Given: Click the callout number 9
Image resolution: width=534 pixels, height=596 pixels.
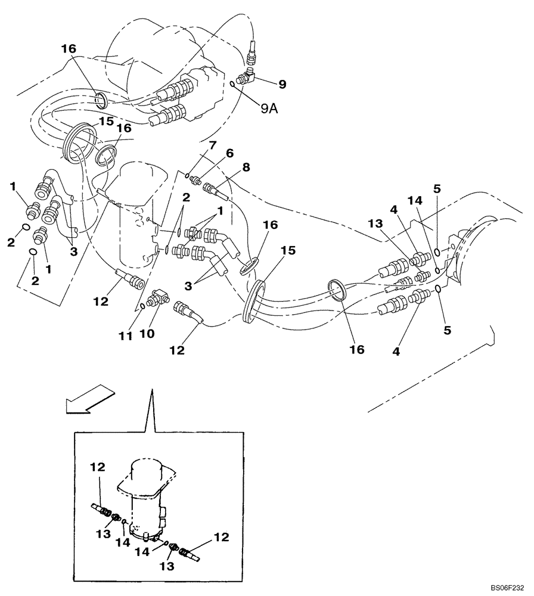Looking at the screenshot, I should [282, 84].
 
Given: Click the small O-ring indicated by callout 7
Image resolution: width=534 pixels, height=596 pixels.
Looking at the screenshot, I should [187, 175].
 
